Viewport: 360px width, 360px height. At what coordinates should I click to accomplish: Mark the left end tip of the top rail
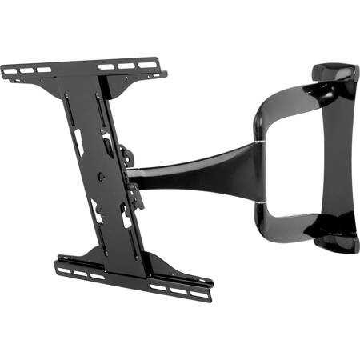click(3, 73)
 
